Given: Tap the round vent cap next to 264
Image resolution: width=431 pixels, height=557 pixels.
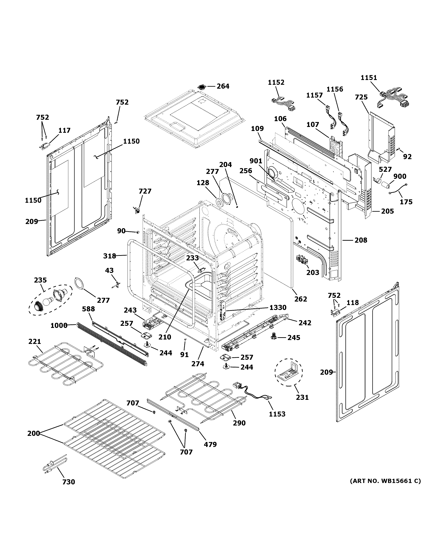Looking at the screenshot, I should point(202,87).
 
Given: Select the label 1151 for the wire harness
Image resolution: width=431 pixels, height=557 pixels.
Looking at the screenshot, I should point(369,78).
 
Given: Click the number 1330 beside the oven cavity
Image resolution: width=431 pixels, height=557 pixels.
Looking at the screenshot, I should point(278,308).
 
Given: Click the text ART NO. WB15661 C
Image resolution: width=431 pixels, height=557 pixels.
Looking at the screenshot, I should point(385,481).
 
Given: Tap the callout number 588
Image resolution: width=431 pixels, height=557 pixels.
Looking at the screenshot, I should point(88,309).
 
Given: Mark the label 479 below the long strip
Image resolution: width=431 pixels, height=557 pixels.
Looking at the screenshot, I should point(210,444).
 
